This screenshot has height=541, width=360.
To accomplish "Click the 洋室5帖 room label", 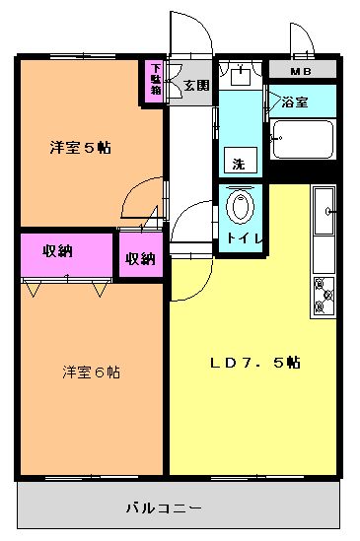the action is pos(81,148).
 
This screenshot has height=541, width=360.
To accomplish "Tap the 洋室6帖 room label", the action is pos(91,372).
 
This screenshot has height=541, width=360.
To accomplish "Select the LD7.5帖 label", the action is pos(255,363).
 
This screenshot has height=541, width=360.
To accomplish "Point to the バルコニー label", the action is pos(164,507).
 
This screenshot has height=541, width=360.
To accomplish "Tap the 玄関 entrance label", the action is pos(196,85).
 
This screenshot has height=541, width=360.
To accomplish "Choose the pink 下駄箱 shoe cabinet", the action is pos(154,82).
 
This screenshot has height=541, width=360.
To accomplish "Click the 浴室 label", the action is pos(295,102).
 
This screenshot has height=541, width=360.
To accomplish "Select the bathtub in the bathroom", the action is pos(303,139).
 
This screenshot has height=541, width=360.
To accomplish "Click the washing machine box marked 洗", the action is pos(241,160).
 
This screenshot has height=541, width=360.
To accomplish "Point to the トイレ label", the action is pos(245,238).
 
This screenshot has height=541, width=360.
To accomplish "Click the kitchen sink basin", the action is pos(324,211).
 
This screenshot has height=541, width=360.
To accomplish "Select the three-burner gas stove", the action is pos(324,297).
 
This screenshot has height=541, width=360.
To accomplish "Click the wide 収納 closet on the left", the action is pos(66,254).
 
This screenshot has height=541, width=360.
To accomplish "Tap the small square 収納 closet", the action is pos(141,254).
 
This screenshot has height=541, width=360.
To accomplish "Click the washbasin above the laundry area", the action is pos(241,76).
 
